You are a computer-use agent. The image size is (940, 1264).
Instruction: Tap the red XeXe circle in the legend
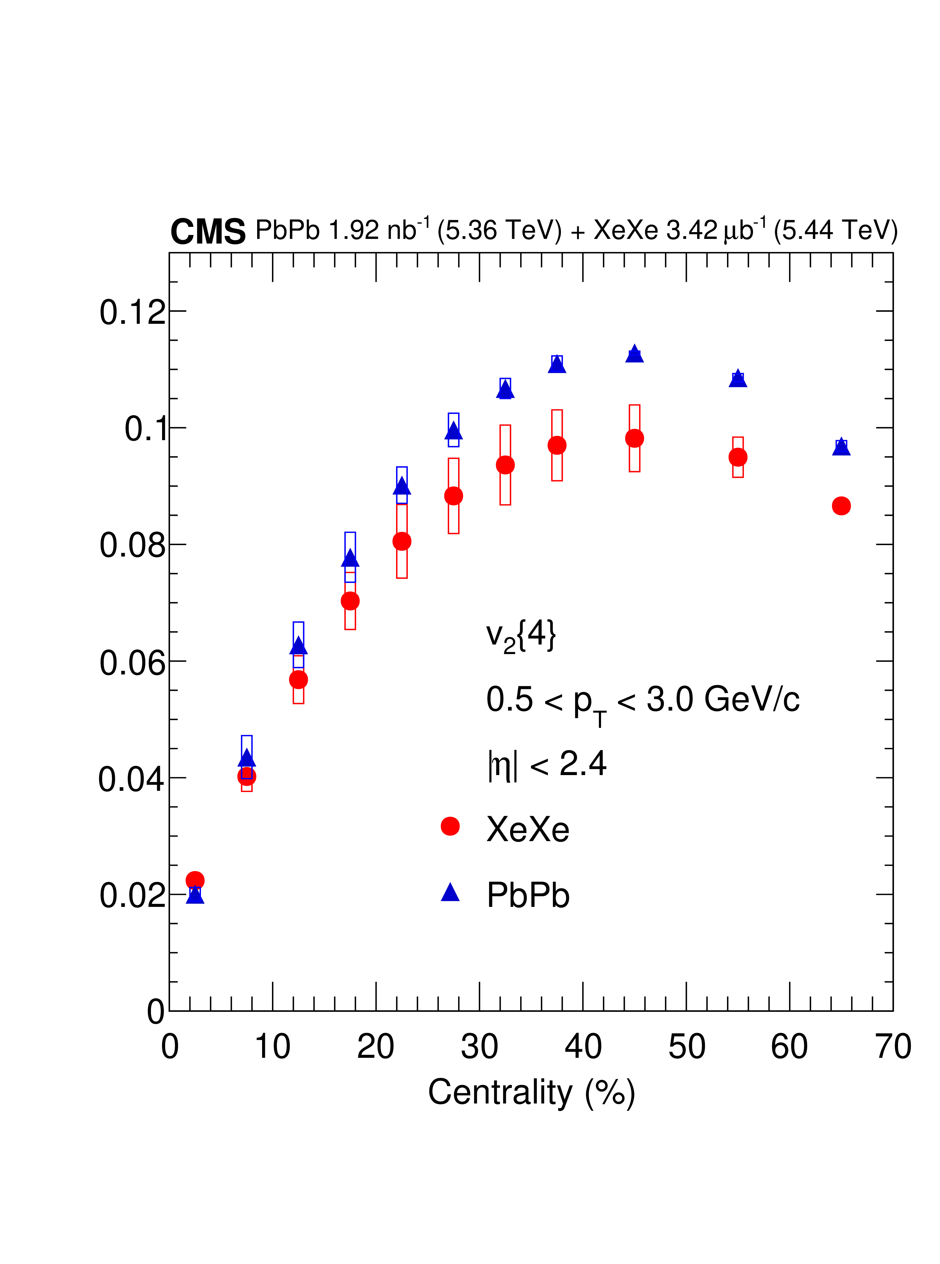(450, 826)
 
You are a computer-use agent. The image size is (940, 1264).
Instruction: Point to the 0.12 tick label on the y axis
(132, 312)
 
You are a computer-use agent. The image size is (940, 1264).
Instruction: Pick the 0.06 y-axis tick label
(132, 663)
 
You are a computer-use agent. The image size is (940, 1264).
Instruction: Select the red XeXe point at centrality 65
(841, 506)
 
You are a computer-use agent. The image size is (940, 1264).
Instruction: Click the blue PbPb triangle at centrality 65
(841, 448)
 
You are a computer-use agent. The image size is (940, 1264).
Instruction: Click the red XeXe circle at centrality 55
(737, 457)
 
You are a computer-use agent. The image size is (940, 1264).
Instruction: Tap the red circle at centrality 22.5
(402, 541)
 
